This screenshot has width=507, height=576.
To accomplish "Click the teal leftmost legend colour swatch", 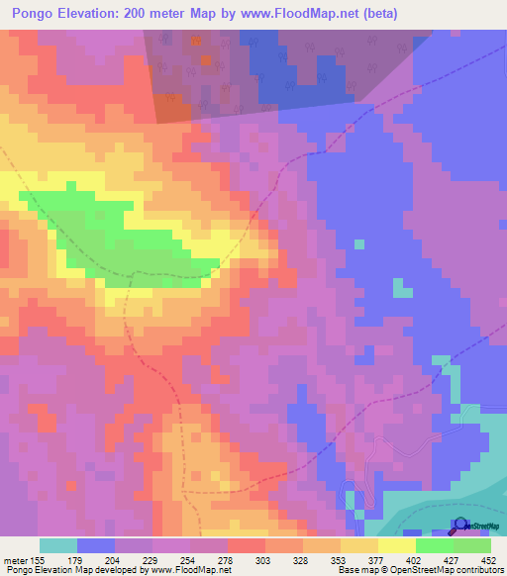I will point(58,545).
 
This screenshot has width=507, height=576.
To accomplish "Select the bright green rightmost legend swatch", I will point(472,545).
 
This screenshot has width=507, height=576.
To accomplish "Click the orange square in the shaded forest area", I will point(207,59).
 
